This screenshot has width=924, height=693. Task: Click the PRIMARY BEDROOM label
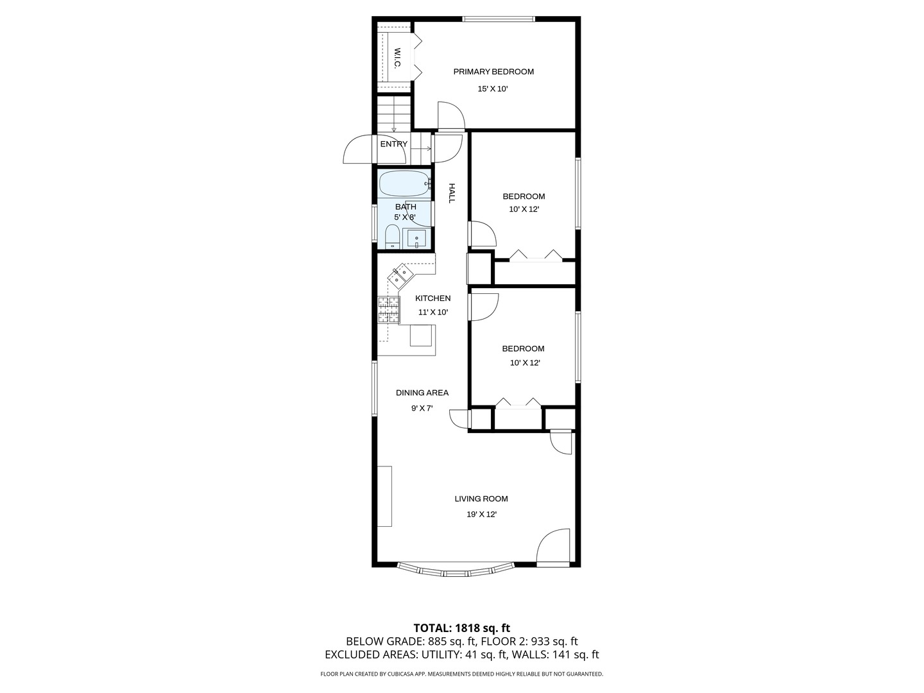[493, 72]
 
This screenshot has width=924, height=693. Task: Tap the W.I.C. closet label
[397, 58]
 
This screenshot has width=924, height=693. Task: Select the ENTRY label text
[393, 144]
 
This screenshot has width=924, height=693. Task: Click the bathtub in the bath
[404, 184]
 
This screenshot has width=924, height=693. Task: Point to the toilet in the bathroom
[392, 237]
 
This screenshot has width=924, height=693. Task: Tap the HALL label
[452, 193]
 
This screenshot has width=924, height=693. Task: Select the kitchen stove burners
[388, 309]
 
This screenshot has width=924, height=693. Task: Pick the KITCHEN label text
[432, 298]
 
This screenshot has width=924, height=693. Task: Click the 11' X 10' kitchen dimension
[432, 312]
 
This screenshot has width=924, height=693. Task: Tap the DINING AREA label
[422, 393]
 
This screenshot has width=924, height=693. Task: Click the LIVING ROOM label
[481, 499]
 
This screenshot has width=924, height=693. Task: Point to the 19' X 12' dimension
[481, 514]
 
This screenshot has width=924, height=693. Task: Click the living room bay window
[456, 569]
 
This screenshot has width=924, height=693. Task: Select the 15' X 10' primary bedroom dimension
[493, 89]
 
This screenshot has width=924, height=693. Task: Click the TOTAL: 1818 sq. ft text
[461, 628]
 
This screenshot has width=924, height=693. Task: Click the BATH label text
[406, 207]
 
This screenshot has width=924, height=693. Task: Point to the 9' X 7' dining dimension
[422, 409]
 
